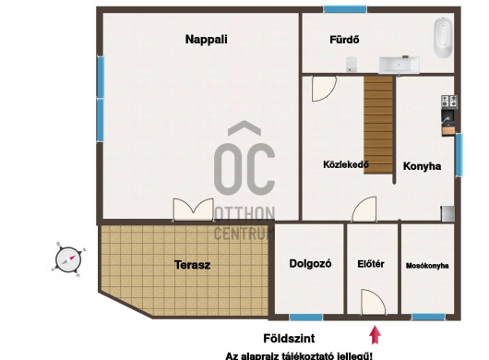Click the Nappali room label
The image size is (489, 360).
click(x=206, y=40)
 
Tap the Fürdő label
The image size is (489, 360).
click(x=344, y=40)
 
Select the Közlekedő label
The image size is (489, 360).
click(x=346, y=164)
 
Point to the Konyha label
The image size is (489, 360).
click(x=422, y=166)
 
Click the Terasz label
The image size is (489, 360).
click(x=193, y=265)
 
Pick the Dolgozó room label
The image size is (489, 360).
click(x=310, y=264)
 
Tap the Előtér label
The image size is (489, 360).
click(x=371, y=264)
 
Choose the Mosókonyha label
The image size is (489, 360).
click(x=427, y=266)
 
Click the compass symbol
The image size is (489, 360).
click(x=68, y=260)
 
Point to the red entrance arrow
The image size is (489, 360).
click(x=376, y=335)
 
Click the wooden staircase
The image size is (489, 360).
click(x=378, y=125)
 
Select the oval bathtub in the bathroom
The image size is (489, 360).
click(x=443, y=38)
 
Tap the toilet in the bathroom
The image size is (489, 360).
click(x=352, y=64)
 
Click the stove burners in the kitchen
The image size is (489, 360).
click(x=449, y=102)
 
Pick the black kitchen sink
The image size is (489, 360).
click(x=447, y=117)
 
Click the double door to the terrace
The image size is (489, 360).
click(x=194, y=210)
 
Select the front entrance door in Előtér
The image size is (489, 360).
click(x=373, y=302)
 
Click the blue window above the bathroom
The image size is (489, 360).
click(x=345, y=9)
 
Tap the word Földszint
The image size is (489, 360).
click(x=289, y=339)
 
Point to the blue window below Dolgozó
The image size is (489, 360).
click(x=305, y=318)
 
